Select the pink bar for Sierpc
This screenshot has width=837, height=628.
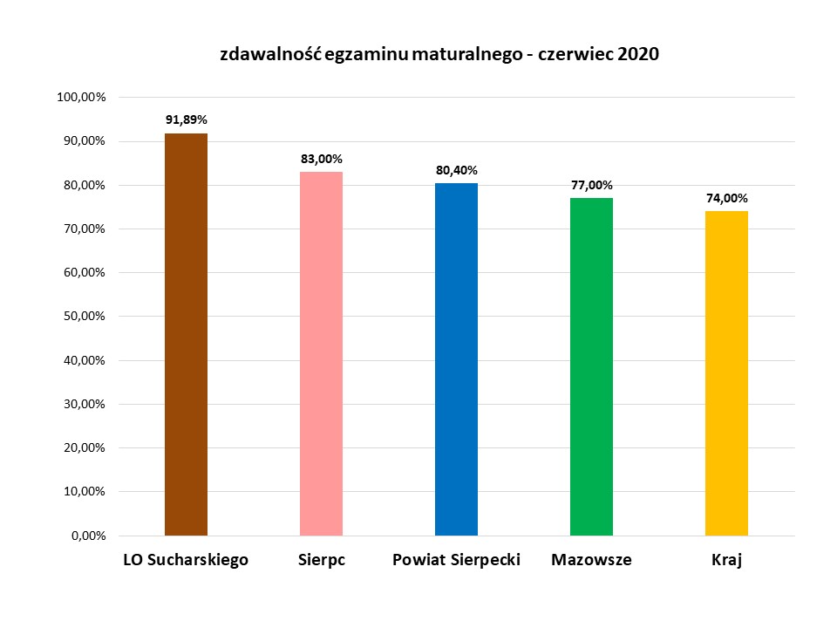(321, 353)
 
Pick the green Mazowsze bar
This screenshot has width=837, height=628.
(591, 366)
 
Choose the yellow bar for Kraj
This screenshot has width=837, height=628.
(726, 373)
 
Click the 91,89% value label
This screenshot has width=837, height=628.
(186, 119)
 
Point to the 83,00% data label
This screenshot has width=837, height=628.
(321, 159)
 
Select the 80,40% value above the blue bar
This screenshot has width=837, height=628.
(456, 170)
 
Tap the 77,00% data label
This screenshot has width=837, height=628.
(591, 185)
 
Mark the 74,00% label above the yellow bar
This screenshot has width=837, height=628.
(726, 198)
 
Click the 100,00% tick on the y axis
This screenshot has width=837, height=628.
(80, 98)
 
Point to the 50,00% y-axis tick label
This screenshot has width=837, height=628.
(83, 317)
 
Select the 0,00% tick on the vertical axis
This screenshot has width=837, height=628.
(86, 536)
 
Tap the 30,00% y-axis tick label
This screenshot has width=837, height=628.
(83, 405)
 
